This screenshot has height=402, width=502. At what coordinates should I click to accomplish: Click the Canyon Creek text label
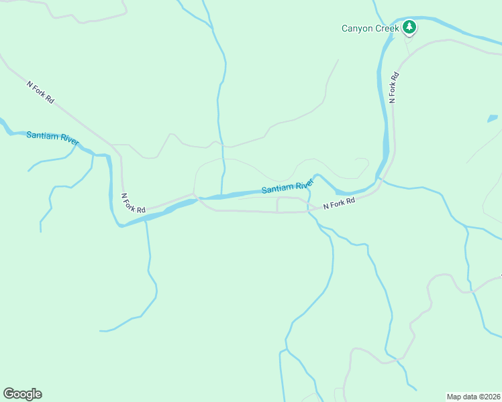coord(370,28)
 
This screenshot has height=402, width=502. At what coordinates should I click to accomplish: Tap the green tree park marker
coord(409,27)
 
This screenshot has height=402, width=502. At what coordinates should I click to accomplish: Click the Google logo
coord(22,394)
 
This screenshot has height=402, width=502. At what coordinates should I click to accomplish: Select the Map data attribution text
coord(472,396)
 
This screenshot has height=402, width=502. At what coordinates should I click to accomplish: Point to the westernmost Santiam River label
coord(53,139)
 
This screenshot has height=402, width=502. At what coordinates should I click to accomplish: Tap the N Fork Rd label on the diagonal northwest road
coord(40,92)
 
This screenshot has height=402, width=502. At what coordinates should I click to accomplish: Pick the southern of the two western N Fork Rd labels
coord(133,204)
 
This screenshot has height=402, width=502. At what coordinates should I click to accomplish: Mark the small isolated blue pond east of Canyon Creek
coord(493,119)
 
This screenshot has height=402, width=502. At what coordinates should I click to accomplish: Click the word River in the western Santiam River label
coord(68,141)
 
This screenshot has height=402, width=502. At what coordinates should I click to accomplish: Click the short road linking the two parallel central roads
coord(277,205)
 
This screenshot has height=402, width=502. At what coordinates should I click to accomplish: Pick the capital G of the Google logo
coord(9,394)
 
